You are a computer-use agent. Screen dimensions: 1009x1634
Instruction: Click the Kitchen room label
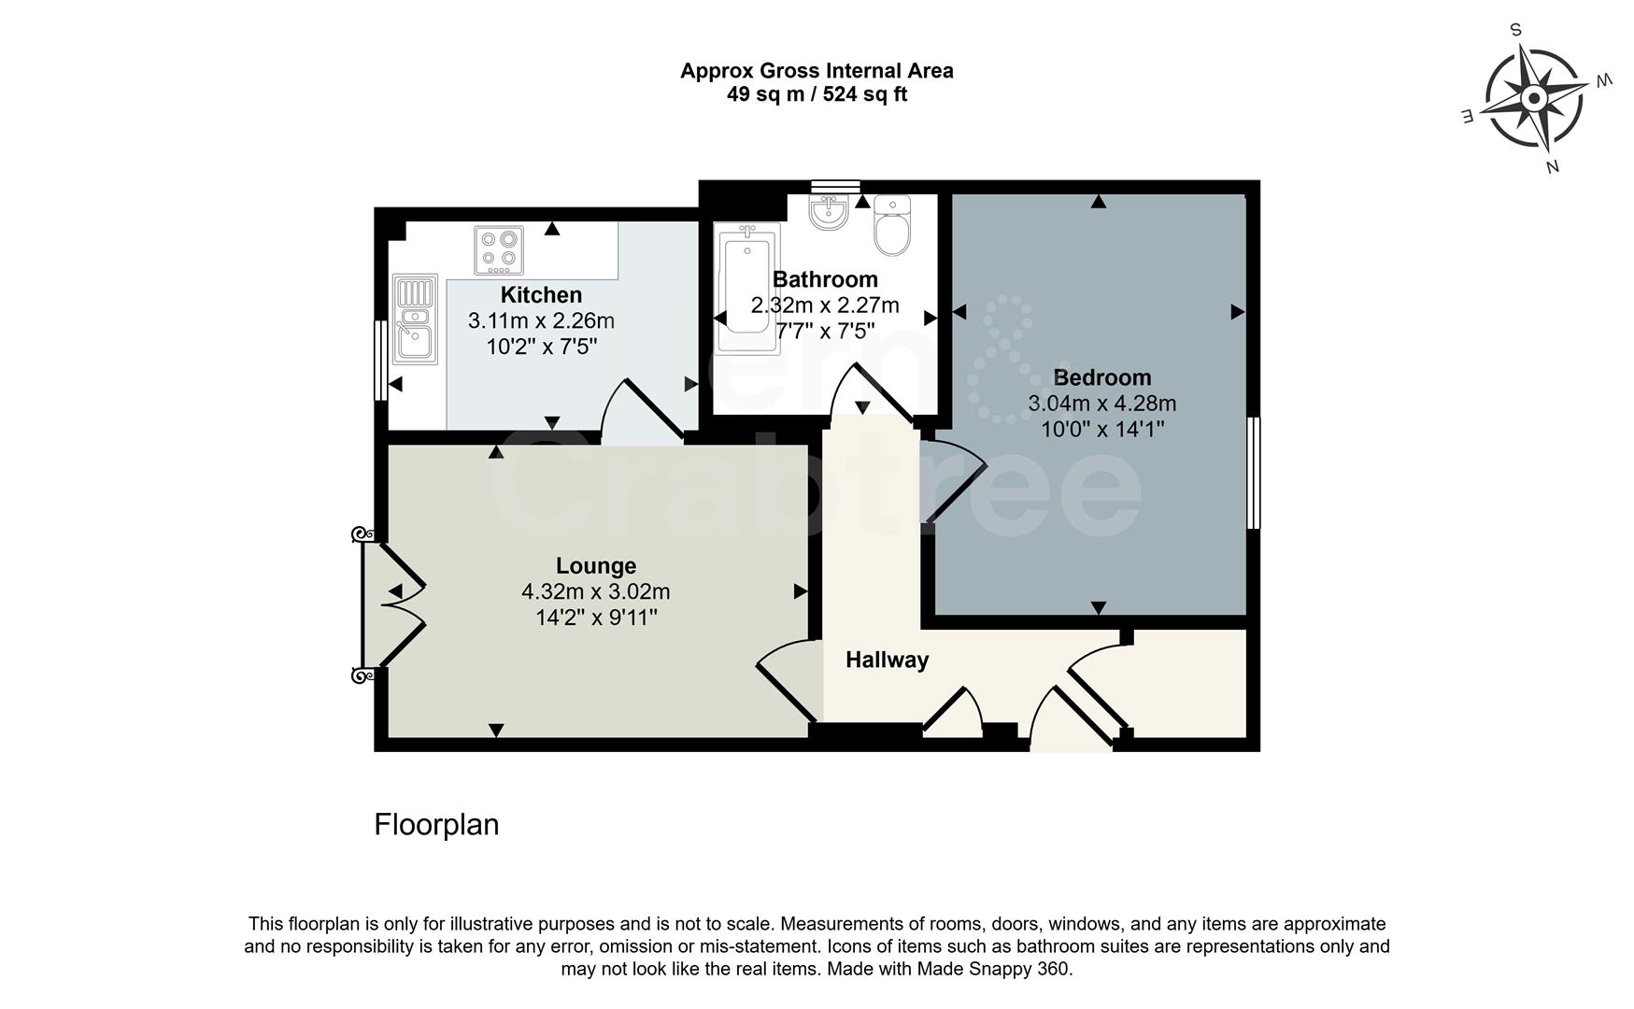tap(541, 295)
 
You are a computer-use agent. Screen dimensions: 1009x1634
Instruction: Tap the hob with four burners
tap(499, 249)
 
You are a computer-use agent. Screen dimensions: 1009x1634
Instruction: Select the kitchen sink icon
tap(414, 319)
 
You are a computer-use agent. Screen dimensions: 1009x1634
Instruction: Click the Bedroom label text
tap(1101, 377)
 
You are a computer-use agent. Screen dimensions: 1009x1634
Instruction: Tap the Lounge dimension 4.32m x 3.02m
tap(595, 592)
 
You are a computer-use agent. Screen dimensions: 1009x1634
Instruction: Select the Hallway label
tap(887, 660)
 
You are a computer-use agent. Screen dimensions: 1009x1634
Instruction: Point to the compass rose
tap(1533, 98)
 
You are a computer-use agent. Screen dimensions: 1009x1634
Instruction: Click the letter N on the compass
tap(1552, 167)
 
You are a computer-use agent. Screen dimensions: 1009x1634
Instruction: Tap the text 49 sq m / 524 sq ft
tap(817, 94)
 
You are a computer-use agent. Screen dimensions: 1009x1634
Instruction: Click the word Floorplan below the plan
tap(436, 824)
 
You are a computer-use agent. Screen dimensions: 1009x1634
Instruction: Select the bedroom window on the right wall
tap(1254, 473)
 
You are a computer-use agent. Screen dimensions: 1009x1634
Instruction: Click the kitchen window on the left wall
tap(380, 361)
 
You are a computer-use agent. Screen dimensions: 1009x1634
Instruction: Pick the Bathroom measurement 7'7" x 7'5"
tap(825, 331)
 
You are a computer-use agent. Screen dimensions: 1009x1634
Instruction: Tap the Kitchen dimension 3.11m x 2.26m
tap(541, 321)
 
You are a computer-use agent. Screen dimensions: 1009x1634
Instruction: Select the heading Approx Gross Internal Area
tap(817, 71)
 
